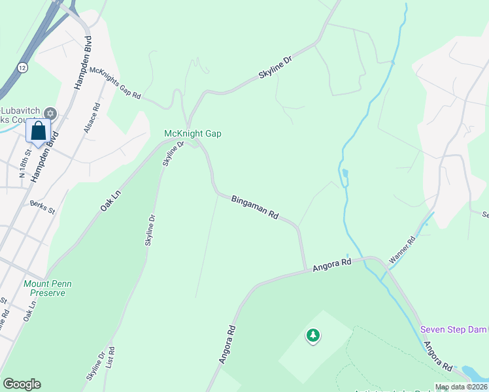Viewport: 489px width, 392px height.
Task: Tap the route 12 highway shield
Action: coord(23,67)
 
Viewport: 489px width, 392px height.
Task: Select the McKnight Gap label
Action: coord(192,133)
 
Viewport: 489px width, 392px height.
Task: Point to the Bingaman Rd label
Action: coord(255,206)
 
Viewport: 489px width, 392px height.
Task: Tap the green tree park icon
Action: coord(313,336)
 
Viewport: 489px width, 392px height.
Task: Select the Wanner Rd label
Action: coord(402,250)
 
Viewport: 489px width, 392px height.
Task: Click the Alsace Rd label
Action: coord(91,118)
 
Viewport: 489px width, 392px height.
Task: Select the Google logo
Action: coord(22,384)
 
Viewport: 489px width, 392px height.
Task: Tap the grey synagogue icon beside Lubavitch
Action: coord(50,114)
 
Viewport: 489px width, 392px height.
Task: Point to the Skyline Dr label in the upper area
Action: coord(275,67)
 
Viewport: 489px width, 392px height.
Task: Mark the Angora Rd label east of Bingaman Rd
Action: coord(332,265)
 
